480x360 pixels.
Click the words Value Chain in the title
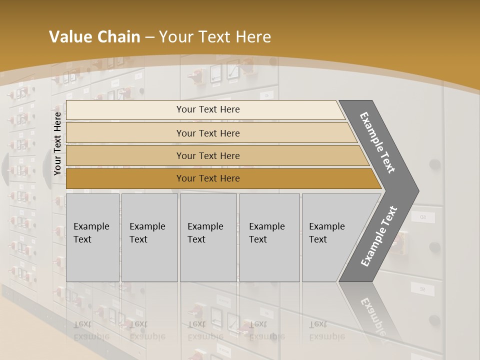(x=94, y=37)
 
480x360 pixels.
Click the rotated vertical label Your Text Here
(x=57, y=143)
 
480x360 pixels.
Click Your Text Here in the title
(x=215, y=37)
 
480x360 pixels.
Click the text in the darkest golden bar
(x=208, y=178)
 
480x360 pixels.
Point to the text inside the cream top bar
(x=208, y=109)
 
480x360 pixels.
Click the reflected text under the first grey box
(x=91, y=330)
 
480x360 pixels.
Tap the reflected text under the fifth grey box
(x=326, y=330)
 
